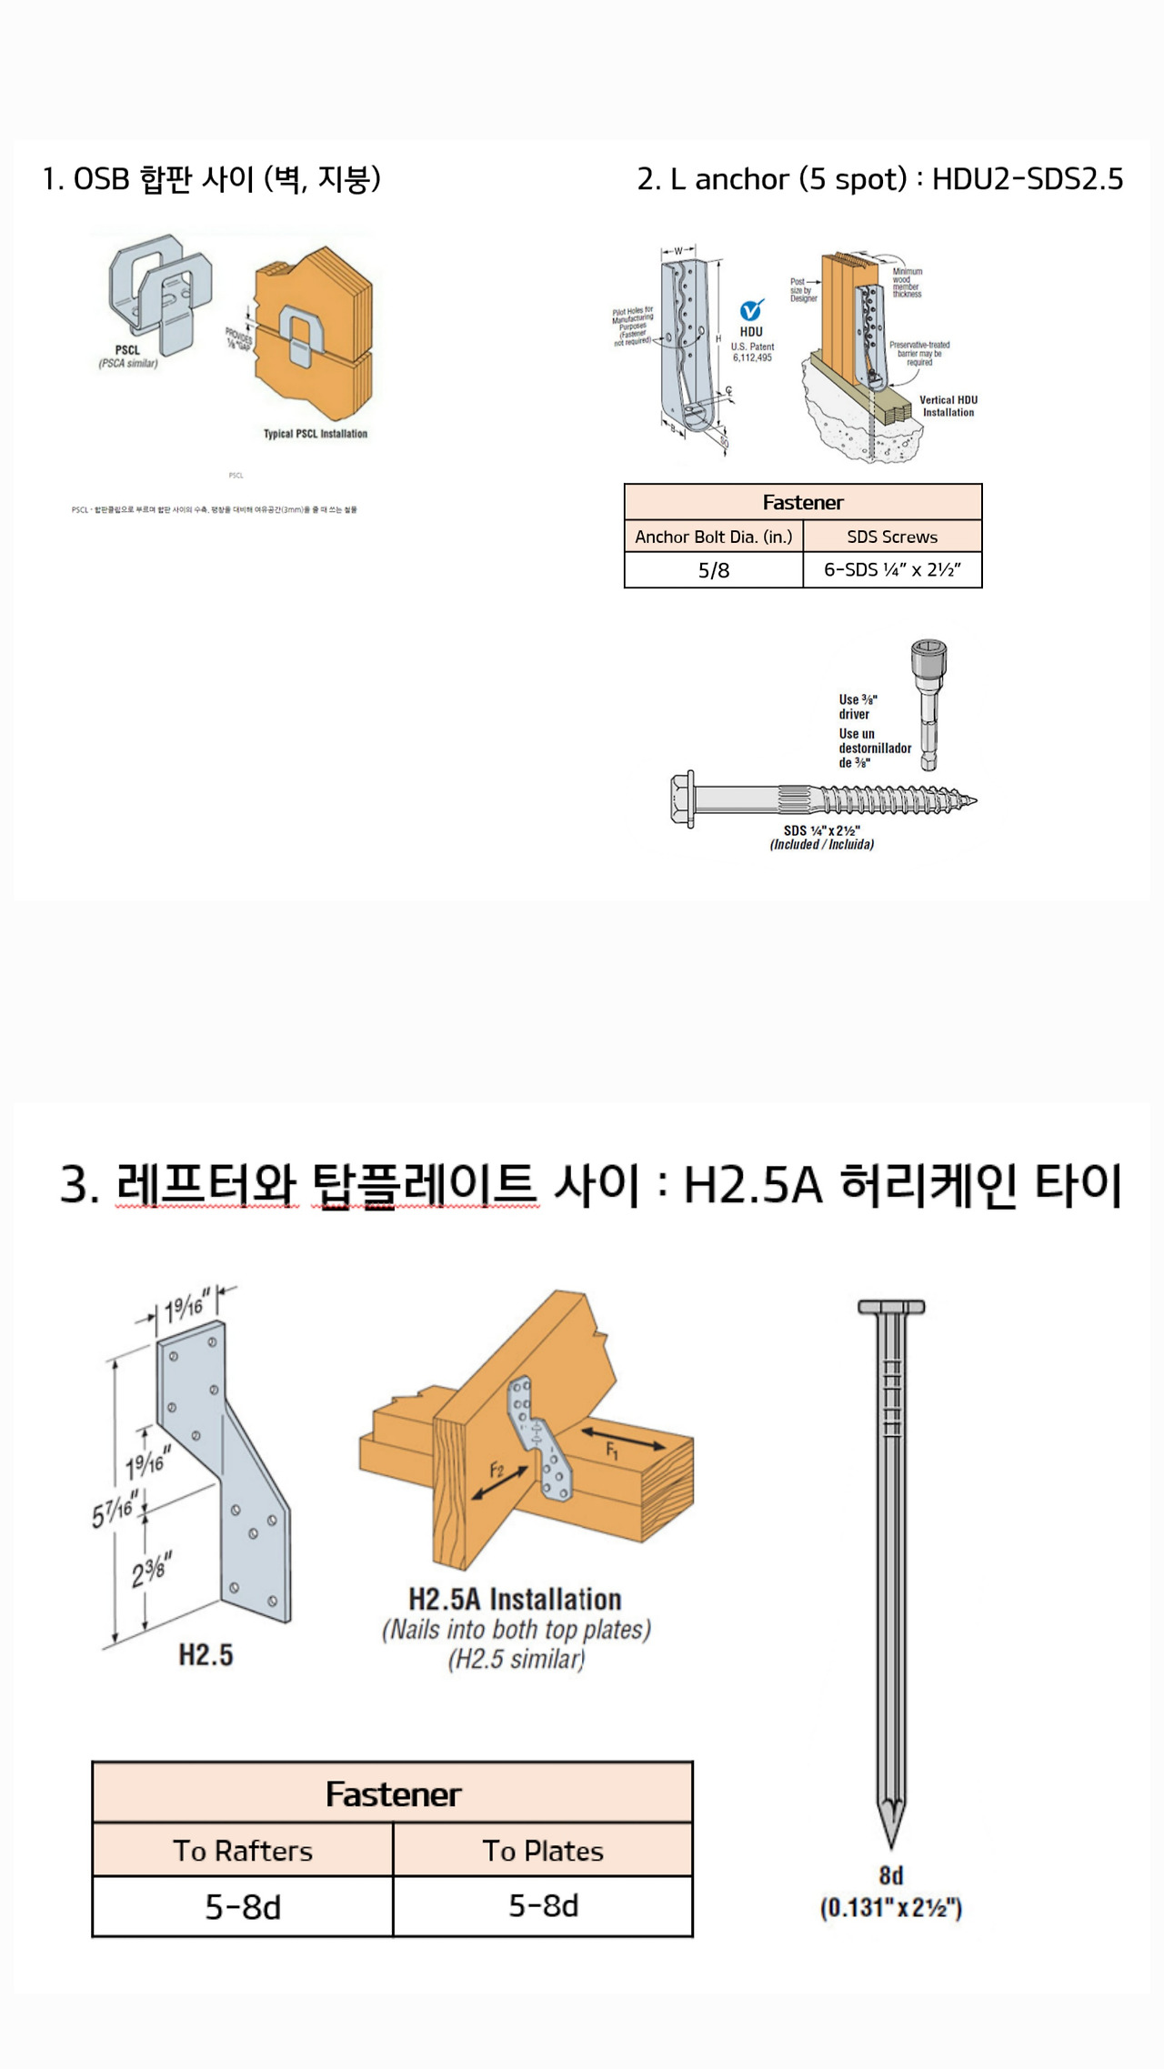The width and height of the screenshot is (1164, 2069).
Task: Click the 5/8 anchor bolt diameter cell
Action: point(714,570)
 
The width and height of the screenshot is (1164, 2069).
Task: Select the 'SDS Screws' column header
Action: point(892,537)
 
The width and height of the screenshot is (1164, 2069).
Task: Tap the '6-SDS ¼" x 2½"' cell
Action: point(892,570)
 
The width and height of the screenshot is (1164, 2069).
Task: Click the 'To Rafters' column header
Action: point(243,1851)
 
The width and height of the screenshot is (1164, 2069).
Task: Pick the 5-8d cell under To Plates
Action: point(543,1905)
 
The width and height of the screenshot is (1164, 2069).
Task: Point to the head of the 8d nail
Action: point(891,1307)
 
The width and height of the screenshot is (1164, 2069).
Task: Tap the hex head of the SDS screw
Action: point(682,799)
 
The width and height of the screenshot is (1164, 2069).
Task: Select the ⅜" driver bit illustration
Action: point(928,705)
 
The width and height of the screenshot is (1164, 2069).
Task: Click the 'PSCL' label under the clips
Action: point(127,350)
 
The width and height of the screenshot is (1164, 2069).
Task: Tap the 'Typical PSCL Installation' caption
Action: point(316,434)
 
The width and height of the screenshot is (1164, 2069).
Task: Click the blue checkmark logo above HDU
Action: point(751,310)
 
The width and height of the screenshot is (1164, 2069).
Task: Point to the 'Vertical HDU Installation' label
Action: point(948,406)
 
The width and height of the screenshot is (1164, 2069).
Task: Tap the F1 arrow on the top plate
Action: point(623,1440)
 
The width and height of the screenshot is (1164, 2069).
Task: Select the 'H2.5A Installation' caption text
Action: point(515,1600)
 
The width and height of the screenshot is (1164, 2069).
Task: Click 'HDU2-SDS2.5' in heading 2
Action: point(1028,179)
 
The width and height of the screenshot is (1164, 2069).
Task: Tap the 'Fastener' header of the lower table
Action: point(393,1794)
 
